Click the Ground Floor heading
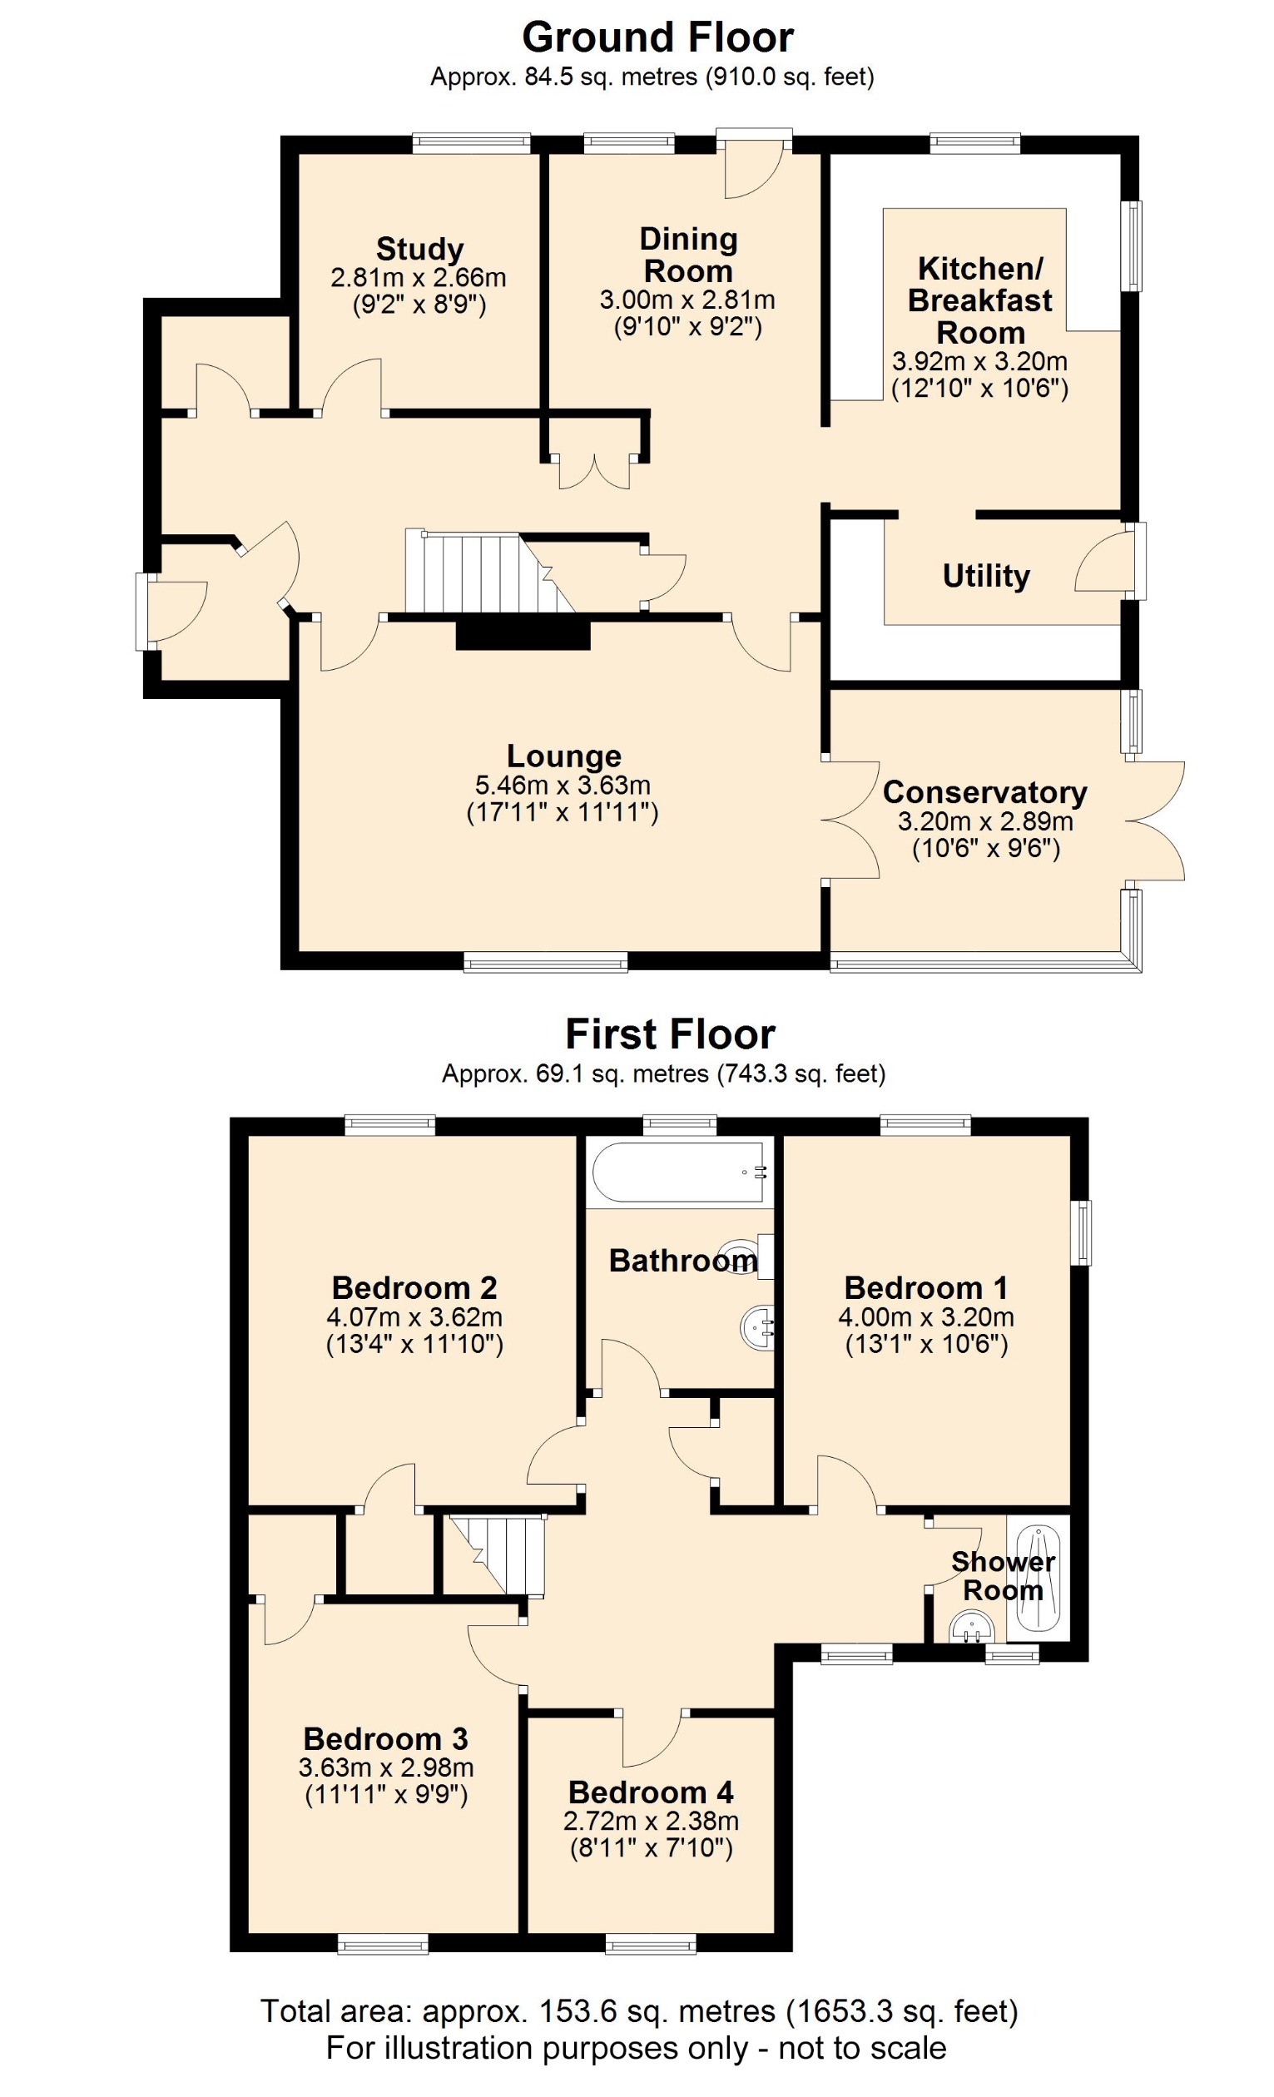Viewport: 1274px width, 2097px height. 657,38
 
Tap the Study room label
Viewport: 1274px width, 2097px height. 419,250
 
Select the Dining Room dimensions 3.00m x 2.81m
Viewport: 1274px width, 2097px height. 687,300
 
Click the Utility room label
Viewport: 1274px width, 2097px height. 985,576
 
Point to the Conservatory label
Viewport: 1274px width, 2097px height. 984,792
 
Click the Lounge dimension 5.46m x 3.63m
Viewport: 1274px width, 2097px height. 563,785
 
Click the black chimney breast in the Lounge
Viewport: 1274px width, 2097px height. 523,635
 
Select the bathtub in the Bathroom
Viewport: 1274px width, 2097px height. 678,1172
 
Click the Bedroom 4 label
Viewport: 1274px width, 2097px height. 650,1792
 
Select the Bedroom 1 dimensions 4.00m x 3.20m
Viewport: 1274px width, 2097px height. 925,1317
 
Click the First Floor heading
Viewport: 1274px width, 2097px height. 670,1035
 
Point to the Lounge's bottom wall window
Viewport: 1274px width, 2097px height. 546,963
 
